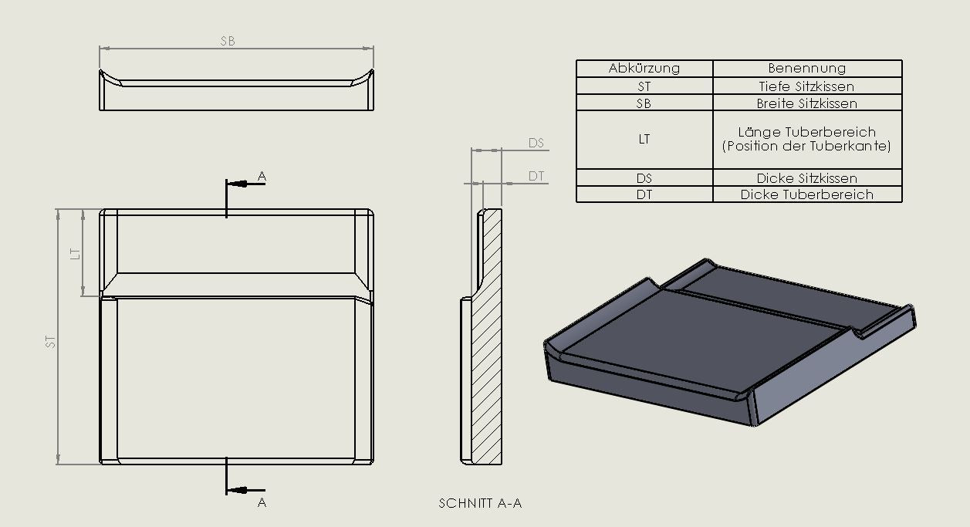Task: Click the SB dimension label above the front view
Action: point(228,41)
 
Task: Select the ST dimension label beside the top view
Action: point(51,340)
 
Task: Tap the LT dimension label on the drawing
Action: point(76,253)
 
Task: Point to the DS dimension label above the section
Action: point(536,143)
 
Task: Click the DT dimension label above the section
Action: point(536,177)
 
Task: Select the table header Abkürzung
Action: point(644,68)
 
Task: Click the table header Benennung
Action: point(806,68)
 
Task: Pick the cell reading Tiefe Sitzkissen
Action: point(806,86)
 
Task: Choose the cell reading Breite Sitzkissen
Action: point(806,103)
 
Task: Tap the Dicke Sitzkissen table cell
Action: point(806,178)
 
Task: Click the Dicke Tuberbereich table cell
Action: point(806,194)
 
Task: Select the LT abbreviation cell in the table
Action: point(644,140)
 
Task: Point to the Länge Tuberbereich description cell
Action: point(806,139)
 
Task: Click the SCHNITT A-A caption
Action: point(480,503)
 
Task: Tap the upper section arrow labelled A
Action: point(244,184)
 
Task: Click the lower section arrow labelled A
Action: point(244,490)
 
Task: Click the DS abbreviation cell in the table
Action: point(644,178)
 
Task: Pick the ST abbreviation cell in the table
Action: point(644,86)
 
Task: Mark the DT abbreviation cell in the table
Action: point(644,194)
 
